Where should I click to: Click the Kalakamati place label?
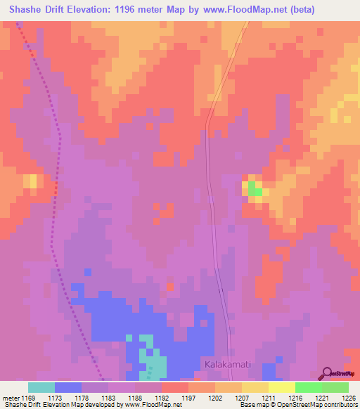point(228,365)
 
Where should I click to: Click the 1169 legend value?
point(28,398)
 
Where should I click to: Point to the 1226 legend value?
point(349,398)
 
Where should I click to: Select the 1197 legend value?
point(188,398)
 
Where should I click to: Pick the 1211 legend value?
point(269,398)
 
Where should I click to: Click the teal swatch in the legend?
point(41,387)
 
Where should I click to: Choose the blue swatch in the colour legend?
point(68,387)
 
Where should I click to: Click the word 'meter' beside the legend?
point(11,398)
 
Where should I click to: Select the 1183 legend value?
point(108,398)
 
